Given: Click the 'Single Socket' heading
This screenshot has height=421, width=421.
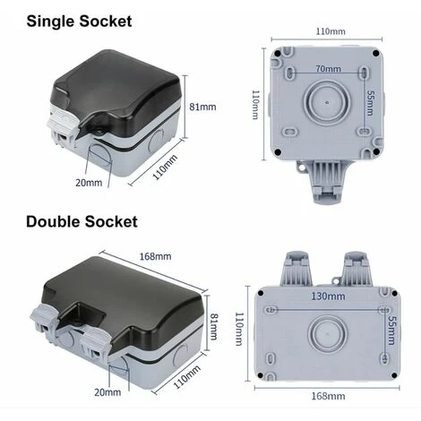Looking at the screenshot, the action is pyautogui.click(x=79, y=21).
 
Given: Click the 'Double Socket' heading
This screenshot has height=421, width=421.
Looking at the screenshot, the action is pyautogui.click(x=82, y=222).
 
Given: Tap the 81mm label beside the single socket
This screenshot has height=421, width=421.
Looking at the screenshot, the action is pyautogui.click(x=202, y=107).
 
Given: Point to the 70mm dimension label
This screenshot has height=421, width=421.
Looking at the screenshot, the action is pyautogui.click(x=329, y=69).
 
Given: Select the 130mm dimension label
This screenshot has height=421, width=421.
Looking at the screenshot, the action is pyautogui.click(x=328, y=296).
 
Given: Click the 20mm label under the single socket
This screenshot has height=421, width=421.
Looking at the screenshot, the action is pyautogui.click(x=89, y=183).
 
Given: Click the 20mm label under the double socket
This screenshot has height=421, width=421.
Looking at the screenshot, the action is pyautogui.click(x=107, y=392).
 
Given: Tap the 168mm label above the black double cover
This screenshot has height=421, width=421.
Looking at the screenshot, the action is pyautogui.click(x=156, y=256).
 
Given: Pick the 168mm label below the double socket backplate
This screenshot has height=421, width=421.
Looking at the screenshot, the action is pyautogui.click(x=328, y=396).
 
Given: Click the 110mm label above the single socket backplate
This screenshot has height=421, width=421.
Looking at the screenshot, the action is pyautogui.click(x=331, y=31).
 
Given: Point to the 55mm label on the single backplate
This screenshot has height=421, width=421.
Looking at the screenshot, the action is pyautogui.click(x=370, y=103).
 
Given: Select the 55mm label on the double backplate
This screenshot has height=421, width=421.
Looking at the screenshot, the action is pyautogui.click(x=391, y=331).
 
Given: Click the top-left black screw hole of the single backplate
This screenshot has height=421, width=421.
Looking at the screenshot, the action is pyautogui.click(x=278, y=54).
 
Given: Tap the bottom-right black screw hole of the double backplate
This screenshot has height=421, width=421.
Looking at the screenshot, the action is pyautogui.click(x=394, y=375).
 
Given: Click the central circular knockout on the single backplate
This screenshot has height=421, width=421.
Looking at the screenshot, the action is pyautogui.click(x=326, y=102).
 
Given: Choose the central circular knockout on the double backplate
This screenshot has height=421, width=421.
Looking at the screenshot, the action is pyautogui.click(x=327, y=334).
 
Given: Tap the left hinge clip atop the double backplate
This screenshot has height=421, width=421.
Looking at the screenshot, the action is pyautogui.click(x=296, y=269).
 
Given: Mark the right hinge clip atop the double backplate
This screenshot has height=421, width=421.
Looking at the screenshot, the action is pyautogui.click(x=355, y=269).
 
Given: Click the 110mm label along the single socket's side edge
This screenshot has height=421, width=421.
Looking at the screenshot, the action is pyautogui.click(x=165, y=168).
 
